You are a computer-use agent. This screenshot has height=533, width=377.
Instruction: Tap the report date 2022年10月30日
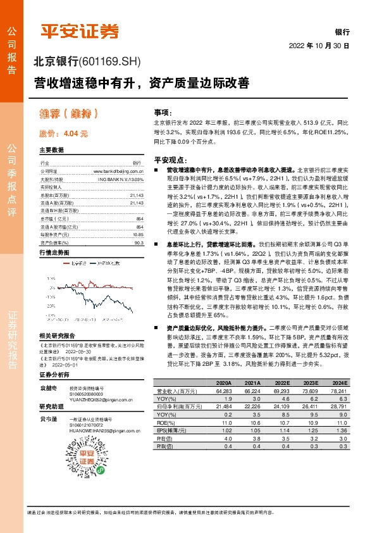pos(319,46)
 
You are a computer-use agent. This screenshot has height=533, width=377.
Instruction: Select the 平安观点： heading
pos(169,160)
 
